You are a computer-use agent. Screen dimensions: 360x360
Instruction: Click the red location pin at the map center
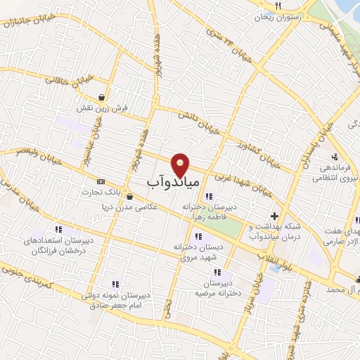[181, 164]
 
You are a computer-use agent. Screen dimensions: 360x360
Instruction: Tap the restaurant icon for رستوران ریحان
[278, 6]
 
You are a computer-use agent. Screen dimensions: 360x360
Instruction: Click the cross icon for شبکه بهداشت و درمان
[274, 216]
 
